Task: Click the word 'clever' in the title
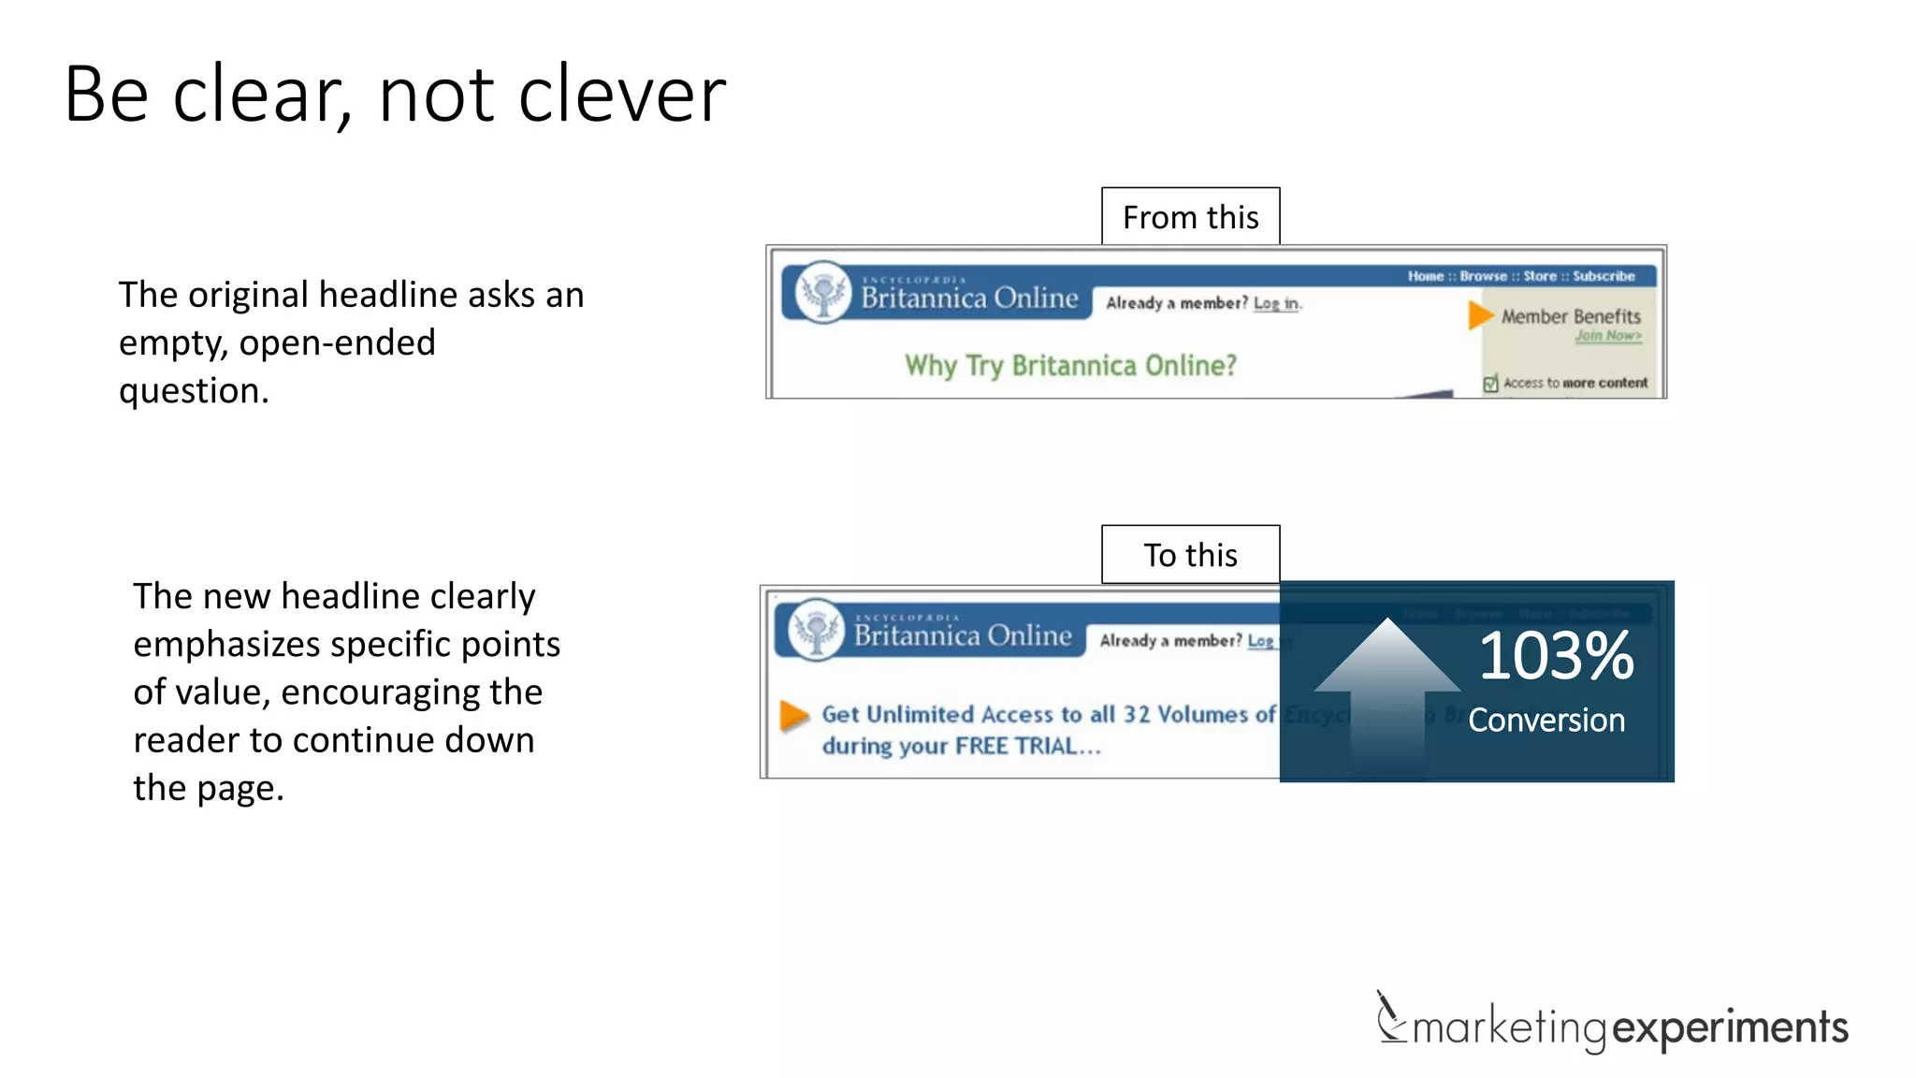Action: click(x=622, y=95)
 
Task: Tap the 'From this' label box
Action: click(x=1190, y=217)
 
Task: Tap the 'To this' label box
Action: click(x=1190, y=555)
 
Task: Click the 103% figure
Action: click(x=1556, y=656)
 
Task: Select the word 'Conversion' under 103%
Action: click(x=1546, y=720)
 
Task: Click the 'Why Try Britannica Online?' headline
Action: click(x=1070, y=365)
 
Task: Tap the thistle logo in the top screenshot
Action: click(x=823, y=292)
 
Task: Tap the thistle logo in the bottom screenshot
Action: click(x=817, y=630)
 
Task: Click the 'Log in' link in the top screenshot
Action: click(x=1276, y=303)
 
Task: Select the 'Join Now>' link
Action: click(x=1607, y=336)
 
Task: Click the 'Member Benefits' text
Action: click(x=1571, y=316)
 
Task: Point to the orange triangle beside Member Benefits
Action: click(x=1479, y=314)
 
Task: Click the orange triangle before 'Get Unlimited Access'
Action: click(x=793, y=715)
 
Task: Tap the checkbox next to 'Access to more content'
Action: click(x=1490, y=383)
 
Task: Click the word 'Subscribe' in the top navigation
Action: click(x=1604, y=276)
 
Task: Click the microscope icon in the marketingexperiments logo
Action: click(x=1390, y=1017)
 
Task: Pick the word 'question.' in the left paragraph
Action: click(x=194, y=390)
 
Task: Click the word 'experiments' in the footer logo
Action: click(x=1730, y=1027)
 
